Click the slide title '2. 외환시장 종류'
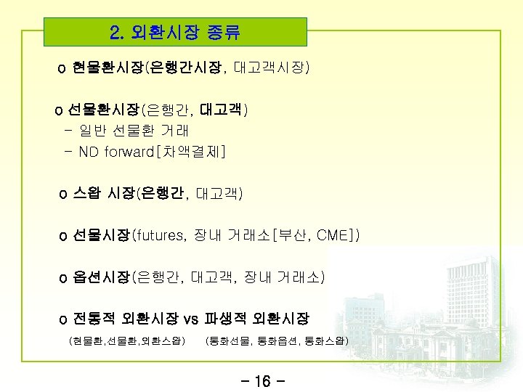click(174, 33)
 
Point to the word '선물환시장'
click(104, 111)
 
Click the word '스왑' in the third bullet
click(88, 194)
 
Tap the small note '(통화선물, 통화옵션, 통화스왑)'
click(277, 340)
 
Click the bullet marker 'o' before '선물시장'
click(63, 236)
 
